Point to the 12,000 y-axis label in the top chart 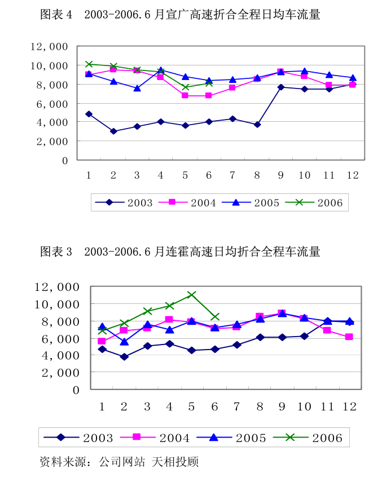(49, 47)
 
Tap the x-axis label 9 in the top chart (281, 175)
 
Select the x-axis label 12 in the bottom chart (349, 407)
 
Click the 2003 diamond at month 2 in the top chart (113, 131)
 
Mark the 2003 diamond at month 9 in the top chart (281, 87)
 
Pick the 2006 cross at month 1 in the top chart (89, 64)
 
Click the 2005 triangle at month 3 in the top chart (137, 88)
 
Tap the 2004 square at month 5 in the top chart (185, 96)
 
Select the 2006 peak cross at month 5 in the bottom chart (192, 295)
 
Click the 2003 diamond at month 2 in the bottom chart (124, 357)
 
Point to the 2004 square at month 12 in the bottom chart (349, 337)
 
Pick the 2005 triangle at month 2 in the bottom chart (124, 342)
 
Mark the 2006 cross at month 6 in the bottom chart (215, 317)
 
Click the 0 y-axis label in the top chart (64, 161)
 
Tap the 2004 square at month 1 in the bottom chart (102, 341)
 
